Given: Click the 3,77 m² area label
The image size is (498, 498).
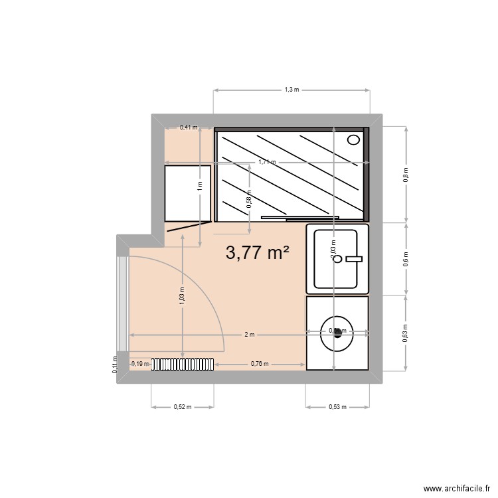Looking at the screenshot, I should pyautogui.click(x=258, y=252).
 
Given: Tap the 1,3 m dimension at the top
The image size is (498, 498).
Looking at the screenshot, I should pyautogui.click(x=291, y=89).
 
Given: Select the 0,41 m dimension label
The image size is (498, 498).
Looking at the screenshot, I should pyautogui.click(x=189, y=127).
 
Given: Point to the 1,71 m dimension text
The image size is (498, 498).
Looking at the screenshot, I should pyautogui.click(x=268, y=162).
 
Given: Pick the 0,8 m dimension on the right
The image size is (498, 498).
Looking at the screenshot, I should pyautogui.click(x=406, y=174).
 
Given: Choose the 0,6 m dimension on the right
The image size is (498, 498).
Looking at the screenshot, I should pyautogui.click(x=406, y=259).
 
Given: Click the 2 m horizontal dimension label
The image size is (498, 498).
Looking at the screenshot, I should pyautogui.click(x=249, y=335).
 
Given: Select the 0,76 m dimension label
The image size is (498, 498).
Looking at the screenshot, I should pyautogui.click(x=260, y=364).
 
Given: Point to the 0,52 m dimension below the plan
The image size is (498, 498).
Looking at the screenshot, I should pyautogui.click(x=182, y=407).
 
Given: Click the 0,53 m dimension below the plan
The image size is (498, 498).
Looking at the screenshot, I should pyautogui.click(x=337, y=407).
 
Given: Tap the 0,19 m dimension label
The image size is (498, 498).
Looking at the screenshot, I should pyautogui.click(x=140, y=364).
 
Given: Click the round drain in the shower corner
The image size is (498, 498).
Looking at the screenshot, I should pyautogui.click(x=354, y=139).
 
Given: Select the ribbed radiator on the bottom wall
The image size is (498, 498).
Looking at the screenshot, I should pyautogui.click(x=183, y=364).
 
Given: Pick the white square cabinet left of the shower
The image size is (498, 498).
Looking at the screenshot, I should pyautogui.click(x=188, y=193).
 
